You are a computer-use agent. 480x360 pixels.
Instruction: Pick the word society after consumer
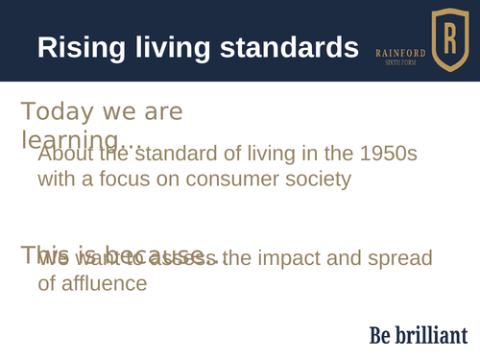click(309, 179)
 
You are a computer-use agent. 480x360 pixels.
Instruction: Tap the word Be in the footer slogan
click(382, 335)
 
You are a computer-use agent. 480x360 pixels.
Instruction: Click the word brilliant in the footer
click(434, 335)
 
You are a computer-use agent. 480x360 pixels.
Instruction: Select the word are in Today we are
click(161, 112)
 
